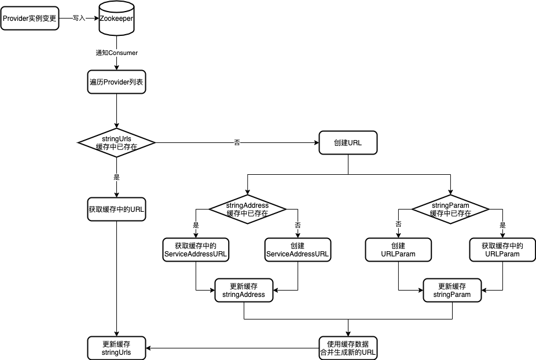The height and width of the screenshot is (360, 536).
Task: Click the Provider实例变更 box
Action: pos(30,18)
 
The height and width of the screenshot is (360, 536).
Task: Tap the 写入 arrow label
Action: pos(79,18)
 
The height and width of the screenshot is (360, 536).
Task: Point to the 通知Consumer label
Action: pos(117,53)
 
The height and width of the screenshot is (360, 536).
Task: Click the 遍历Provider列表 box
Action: pos(116,82)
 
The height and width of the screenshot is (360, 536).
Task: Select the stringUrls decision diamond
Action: pos(116,142)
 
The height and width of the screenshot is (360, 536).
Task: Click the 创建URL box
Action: pos(348,142)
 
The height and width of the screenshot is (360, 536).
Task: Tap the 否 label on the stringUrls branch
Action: pos(237,142)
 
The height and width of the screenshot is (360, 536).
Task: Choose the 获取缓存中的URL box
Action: pos(116,209)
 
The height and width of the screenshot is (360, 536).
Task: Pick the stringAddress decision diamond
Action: pos(247,209)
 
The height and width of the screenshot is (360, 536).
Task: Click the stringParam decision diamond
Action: pos(450,209)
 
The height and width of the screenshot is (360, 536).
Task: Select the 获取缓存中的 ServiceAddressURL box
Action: pos(196,249)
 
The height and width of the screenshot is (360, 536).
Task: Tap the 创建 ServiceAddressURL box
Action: pos(298,249)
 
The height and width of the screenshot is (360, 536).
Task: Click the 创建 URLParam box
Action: pos(399,249)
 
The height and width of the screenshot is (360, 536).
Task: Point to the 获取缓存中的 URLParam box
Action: pos(501,249)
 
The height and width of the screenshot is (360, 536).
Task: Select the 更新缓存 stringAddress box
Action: pos(244,290)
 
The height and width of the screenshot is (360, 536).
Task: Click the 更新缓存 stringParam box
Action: pos(452,290)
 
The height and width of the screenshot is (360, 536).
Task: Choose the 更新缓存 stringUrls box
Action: pos(116,347)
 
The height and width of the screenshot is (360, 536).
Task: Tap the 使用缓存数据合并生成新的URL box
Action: pos(348,347)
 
